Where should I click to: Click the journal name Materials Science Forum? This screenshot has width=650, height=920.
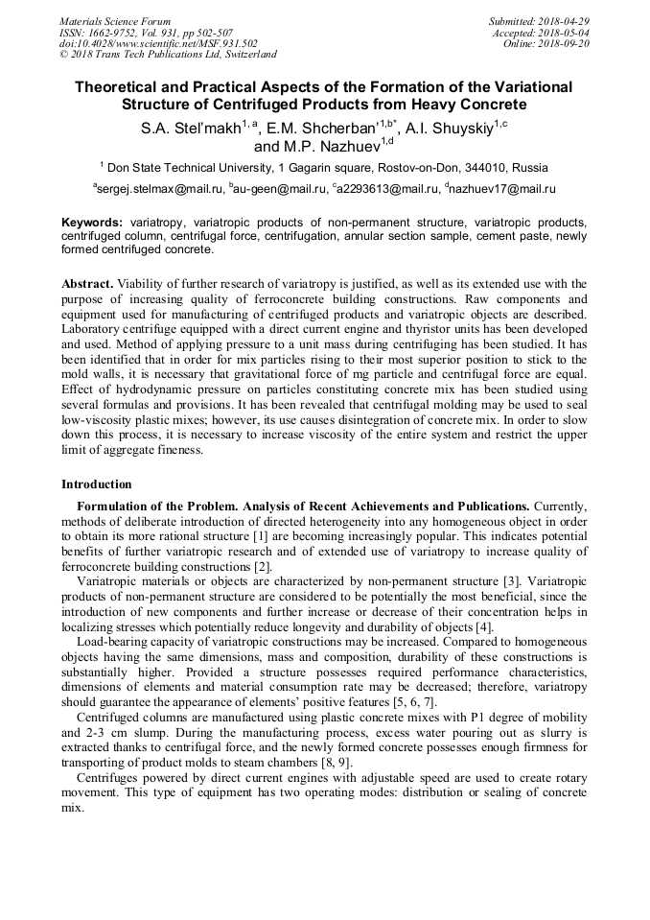point(115,21)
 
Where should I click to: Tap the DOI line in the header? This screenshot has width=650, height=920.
point(158,43)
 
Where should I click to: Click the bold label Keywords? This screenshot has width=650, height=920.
point(92,222)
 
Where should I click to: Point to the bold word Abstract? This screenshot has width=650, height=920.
point(87,284)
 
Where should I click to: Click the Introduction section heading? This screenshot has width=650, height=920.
point(96,484)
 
